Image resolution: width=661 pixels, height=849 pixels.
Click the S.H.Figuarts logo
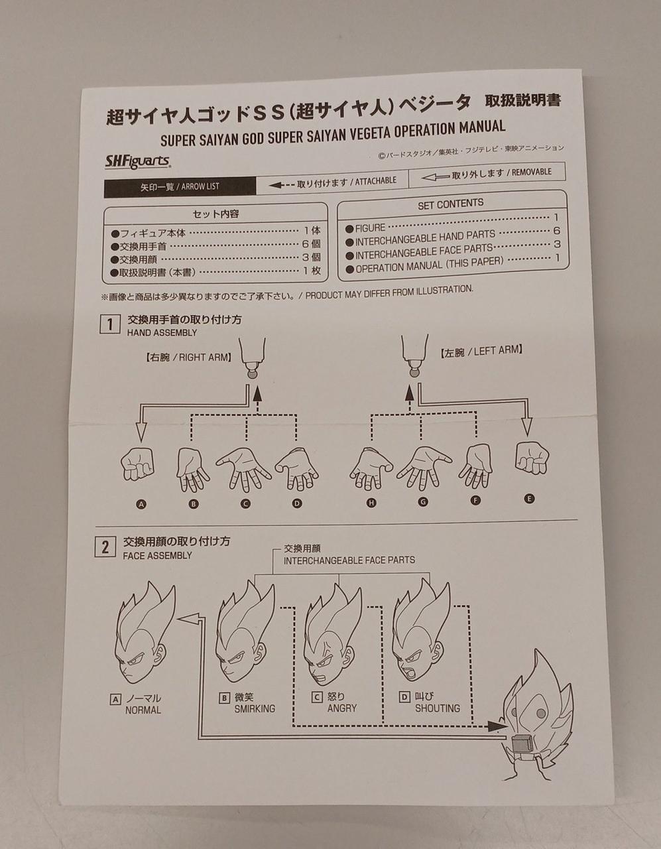point(137,161)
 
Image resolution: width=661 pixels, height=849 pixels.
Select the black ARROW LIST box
point(180,186)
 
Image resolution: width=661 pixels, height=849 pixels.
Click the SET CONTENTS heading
point(450,204)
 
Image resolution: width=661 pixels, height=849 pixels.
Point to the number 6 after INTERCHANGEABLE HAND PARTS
point(556,231)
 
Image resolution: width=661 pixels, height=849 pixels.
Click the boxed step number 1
point(110,324)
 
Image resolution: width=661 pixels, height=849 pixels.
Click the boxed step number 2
point(105,547)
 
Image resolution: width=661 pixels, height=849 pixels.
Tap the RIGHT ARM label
point(188,357)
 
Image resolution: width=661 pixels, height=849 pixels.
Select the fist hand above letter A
point(137,464)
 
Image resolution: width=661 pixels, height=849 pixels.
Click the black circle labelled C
point(245,504)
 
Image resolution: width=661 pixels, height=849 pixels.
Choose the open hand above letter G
point(424,468)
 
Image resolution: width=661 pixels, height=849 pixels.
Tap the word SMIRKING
point(255,708)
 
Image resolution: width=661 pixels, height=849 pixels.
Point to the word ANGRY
point(342,708)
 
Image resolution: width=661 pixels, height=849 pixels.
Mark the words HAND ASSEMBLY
point(162,333)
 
